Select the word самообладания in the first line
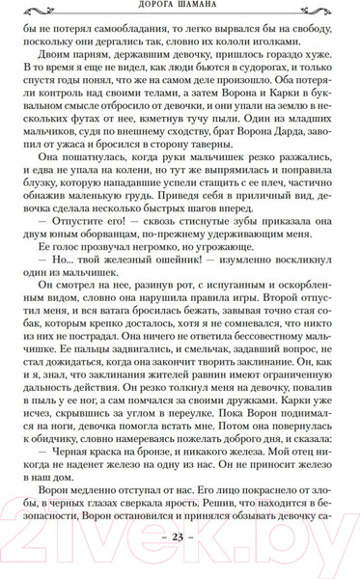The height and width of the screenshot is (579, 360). [133, 30]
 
